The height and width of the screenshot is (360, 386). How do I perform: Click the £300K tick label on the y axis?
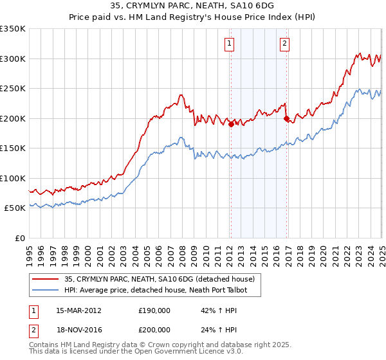[x=13, y=59]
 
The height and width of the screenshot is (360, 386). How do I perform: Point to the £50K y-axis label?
[x=15, y=208]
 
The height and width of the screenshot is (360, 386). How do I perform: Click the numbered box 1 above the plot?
[x=230, y=44]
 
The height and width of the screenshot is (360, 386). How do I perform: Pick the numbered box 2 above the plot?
[x=284, y=44]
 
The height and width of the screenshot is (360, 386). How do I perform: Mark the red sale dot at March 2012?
[x=231, y=125]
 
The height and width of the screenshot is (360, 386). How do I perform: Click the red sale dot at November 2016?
[x=286, y=118]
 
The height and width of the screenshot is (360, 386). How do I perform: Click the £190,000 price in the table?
[x=154, y=310]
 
